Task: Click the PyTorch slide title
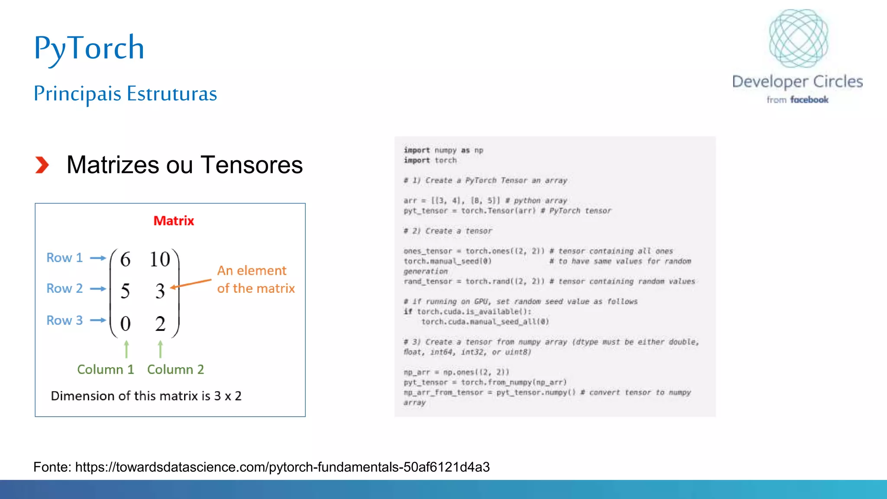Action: [x=89, y=48]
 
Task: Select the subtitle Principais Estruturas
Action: [x=125, y=94]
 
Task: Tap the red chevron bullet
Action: [x=42, y=165]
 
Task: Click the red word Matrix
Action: [x=174, y=221]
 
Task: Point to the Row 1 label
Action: [x=65, y=258]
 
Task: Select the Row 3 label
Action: [x=65, y=321]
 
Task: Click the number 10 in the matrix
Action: [x=160, y=259]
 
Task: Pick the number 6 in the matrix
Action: [x=125, y=259]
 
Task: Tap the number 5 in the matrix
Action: [x=125, y=291]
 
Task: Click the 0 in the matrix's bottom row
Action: [x=125, y=324]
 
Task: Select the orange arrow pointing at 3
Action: [x=191, y=283]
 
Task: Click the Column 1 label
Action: [x=106, y=369]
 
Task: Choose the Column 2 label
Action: [x=175, y=369]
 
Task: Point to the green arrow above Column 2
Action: [x=160, y=349]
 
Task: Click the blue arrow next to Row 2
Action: [x=98, y=289]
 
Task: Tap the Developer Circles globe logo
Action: [x=798, y=38]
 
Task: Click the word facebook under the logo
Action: [x=809, y=100]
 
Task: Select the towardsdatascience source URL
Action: [x=282, y=467]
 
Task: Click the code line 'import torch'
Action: [x=430, y=160]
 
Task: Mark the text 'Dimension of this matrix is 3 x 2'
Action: [x=146, y=396]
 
